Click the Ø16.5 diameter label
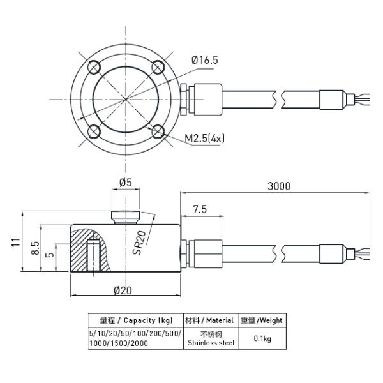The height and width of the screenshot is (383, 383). pyautogui.click(x=204, y=60)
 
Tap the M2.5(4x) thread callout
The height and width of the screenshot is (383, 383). pyautogui.click(x=204, y=137)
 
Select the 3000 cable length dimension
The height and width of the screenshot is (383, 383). pyautogui.click(x=278, y=186)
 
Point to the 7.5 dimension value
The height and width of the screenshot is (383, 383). pyautogui.click(x=199, y=209)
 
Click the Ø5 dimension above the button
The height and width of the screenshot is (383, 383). pyautogui.click(x=125, y=183)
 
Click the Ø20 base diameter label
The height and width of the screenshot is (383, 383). pyautogui.click(x=123, y=290)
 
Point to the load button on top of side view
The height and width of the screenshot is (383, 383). pyautogui.click(x=125, y=218)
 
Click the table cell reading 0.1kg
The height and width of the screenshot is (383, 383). pyautogui.click(x=262, y=339)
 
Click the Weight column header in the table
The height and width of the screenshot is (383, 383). pyautogui.click(x=262, y=320)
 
